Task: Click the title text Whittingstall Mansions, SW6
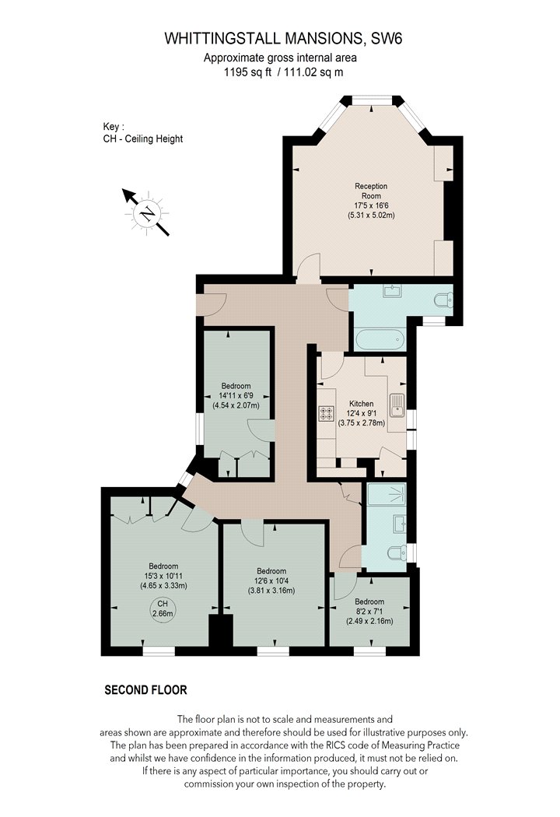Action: coord(283,39)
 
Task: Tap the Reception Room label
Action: coord(371,191)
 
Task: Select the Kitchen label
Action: coord(361,404)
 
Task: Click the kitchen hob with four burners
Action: coord(326,414)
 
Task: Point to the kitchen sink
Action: coord(397,406)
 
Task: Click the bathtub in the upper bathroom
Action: coord(380,340)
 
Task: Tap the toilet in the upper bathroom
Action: coord(444,300)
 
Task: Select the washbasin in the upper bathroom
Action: coord(392,291)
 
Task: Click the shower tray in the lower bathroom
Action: coord(387,494)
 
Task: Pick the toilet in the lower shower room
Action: coord(397,552)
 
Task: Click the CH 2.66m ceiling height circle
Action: coord(163,609)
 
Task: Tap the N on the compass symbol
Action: coord(149,213)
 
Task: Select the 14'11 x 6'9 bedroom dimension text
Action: coord(236,395)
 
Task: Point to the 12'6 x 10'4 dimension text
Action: coord(271,581)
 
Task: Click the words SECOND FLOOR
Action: coord(146,690)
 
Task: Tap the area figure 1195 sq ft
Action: coord(247,72)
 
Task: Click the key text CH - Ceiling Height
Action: coord(143,139)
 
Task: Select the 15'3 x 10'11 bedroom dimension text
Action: coord(163,577)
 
